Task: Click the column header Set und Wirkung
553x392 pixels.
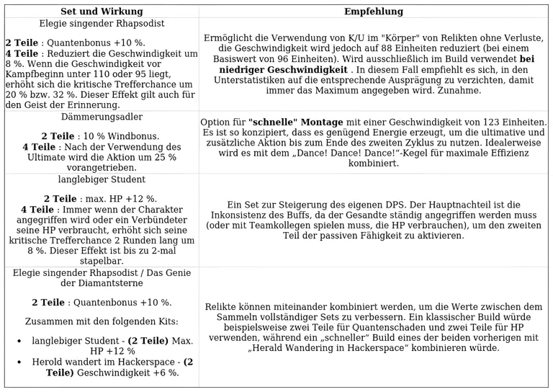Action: click(102, 12)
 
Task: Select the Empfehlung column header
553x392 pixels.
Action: click(374, 12)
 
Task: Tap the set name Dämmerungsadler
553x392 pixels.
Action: click(102, 117)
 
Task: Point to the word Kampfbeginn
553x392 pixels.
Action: click(34, 74)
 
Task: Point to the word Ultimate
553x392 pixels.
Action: click(47, 157)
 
